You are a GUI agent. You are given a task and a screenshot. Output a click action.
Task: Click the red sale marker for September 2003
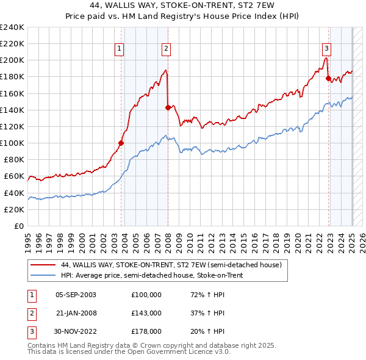coord(121,143)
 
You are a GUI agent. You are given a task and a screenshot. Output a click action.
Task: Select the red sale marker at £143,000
coord(168,107)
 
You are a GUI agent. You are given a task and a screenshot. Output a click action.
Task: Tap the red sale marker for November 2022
coord(328,78)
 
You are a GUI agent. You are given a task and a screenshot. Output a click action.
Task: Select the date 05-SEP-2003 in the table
coord(75,295)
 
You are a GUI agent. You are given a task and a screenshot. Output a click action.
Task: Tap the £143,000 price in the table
coord(146,313)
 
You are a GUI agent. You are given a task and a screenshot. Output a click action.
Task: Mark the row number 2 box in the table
coord(31,313)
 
